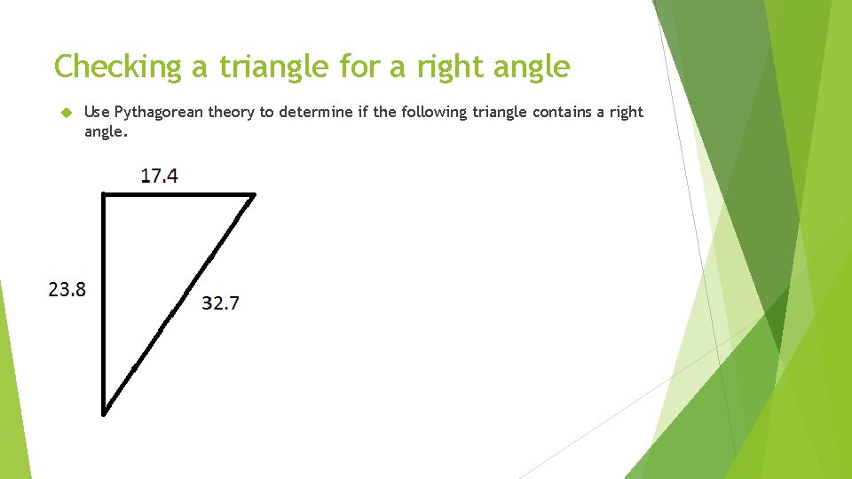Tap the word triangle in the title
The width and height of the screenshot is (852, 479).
coord(263,67)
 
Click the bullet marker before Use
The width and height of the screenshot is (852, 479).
coord(65,112)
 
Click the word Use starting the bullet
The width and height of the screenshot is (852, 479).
coord(96,112)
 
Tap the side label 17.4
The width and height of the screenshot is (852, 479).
coord(160,176)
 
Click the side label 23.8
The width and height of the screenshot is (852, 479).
coord(67,289)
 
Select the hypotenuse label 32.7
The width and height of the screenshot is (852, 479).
coord(220,303)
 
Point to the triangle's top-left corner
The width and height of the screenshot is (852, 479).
coord(104,194)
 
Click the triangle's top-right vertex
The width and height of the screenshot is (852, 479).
coord(254,194)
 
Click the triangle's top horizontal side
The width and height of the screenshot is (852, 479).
coord(177,194)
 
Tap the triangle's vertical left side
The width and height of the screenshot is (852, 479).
coord(104,302)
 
